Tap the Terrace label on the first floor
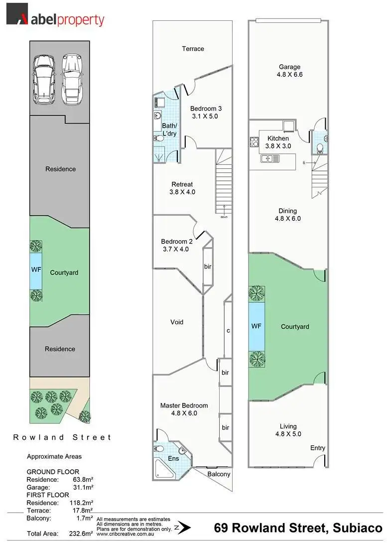(193, 49)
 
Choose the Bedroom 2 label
(176, 245)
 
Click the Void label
(177, 322)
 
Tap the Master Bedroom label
(184, 410)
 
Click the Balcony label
(219, 474)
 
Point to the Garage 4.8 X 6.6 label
(289, 71)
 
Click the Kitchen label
(278, 142)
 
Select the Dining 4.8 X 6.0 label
(287, 215)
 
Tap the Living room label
(288, 430)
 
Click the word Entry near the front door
(318, 448)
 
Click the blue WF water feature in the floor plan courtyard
(257, 326)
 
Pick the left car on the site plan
(43, 77)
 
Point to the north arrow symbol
(185, 527)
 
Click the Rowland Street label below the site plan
(62, 437)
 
